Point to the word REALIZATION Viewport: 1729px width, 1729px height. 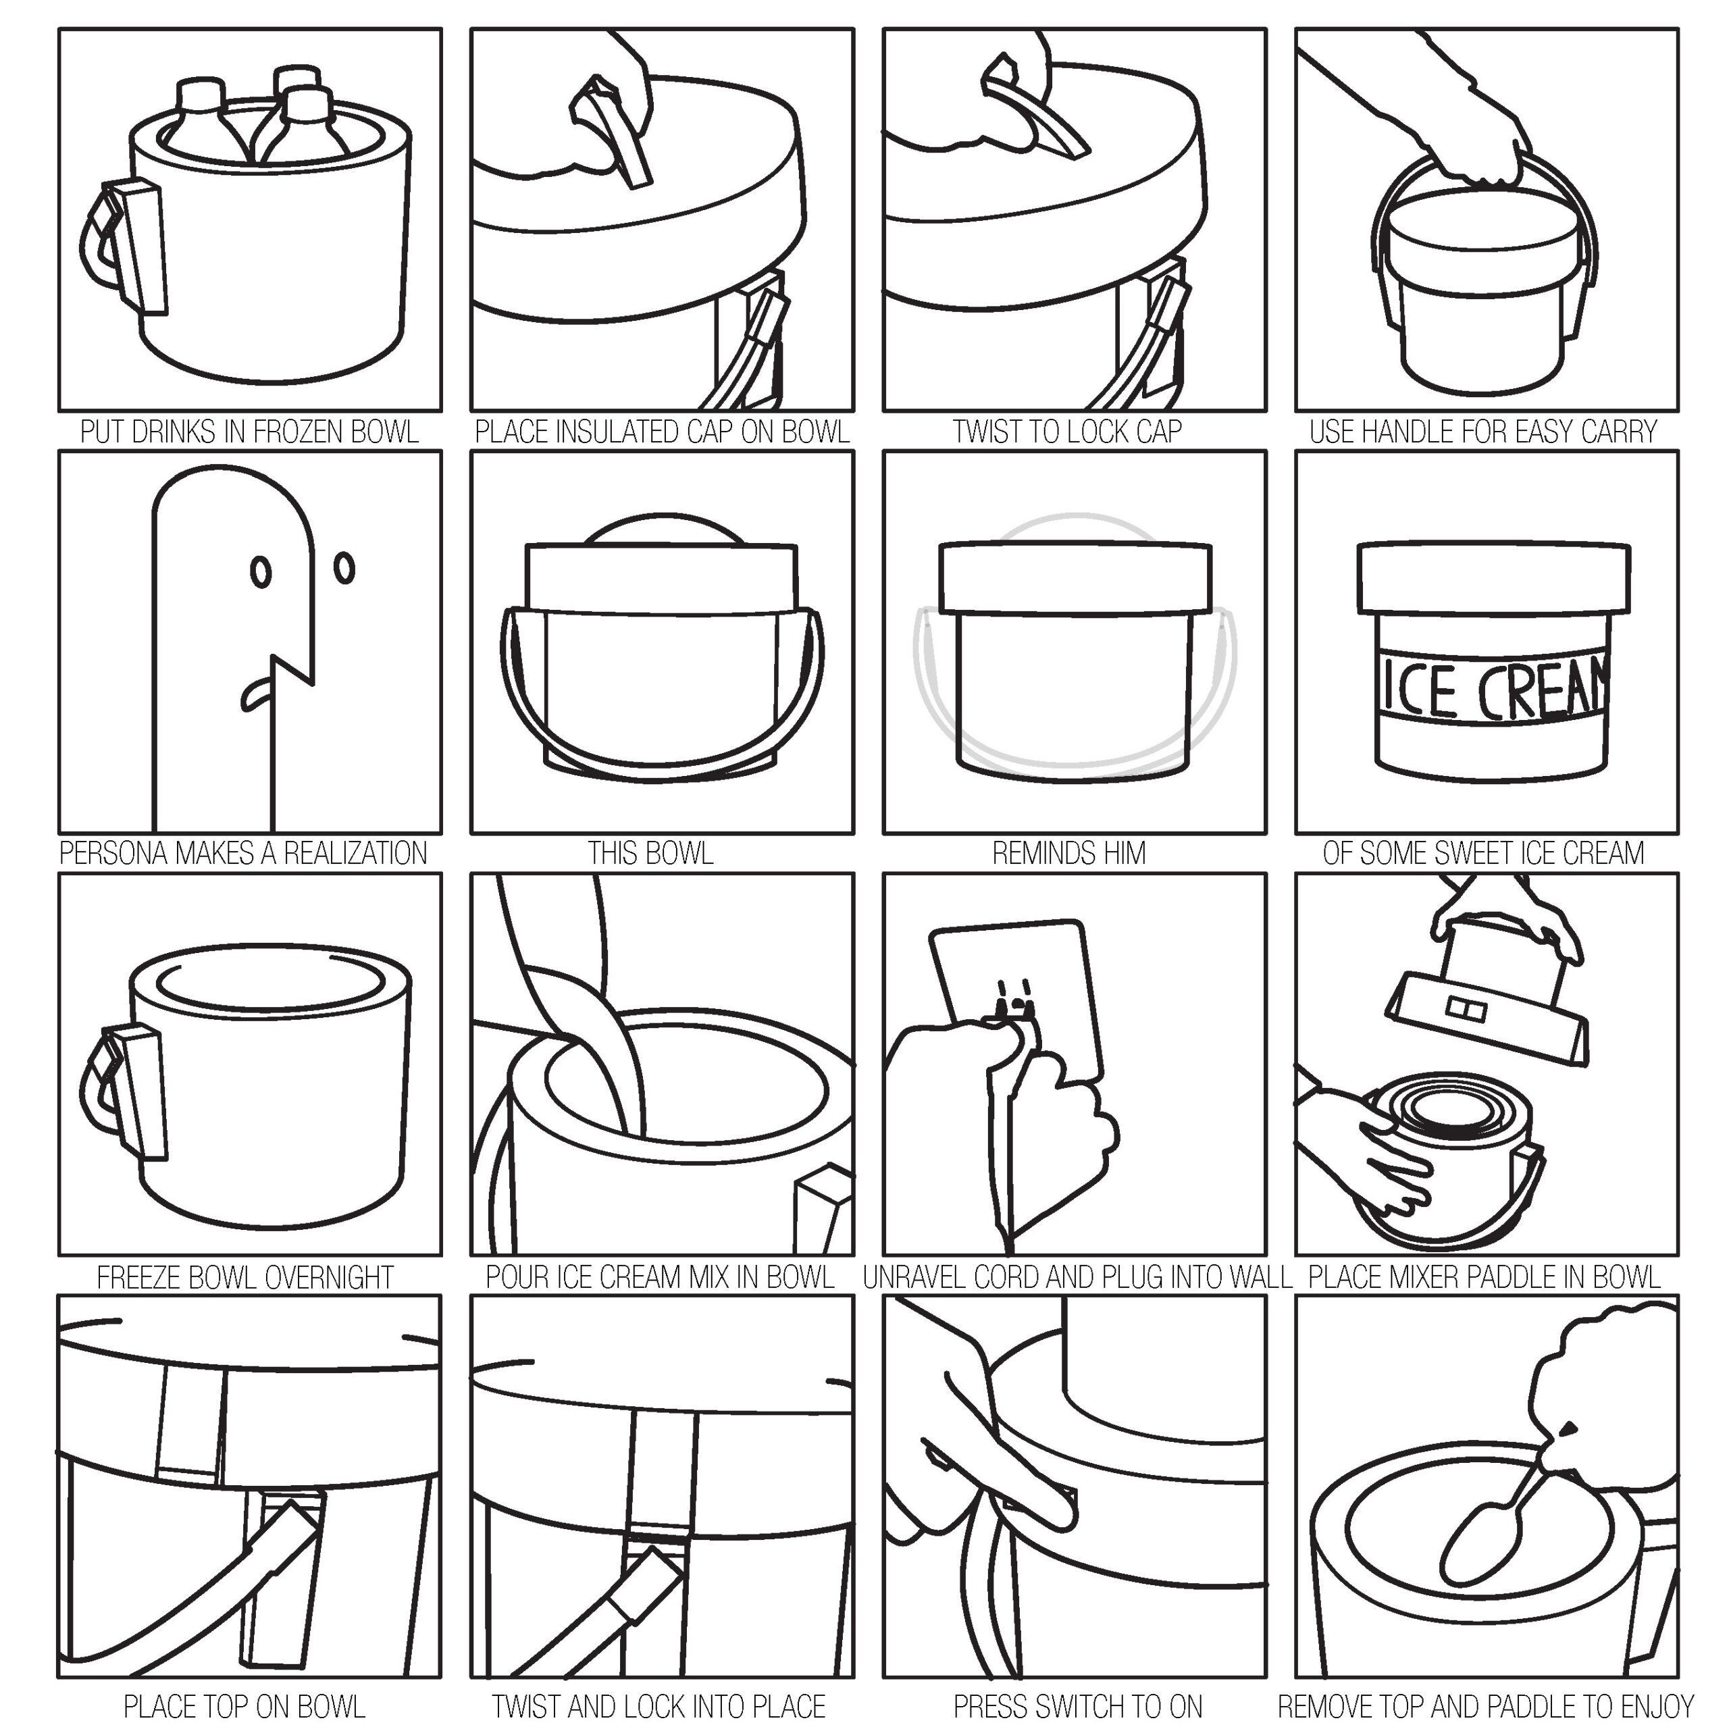355,854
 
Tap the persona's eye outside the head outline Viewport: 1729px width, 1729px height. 344,567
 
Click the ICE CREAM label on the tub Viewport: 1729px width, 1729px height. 1493,688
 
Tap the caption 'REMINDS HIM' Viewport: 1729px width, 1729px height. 1069,854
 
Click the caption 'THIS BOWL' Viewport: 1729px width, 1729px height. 650,854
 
